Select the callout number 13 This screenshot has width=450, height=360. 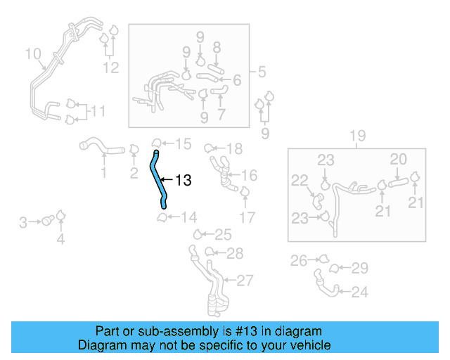coord(183,181)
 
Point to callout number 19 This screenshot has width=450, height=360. coord(356,136)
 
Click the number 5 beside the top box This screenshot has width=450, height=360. coord(261,72)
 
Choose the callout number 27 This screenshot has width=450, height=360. coord(244,281)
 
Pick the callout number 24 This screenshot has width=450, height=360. coord(359,292)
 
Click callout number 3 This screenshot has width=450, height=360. coord(23,223)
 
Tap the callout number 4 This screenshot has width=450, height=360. coord(60,240)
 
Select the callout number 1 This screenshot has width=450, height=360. coord(103,172)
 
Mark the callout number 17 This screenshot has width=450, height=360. coord(247,217)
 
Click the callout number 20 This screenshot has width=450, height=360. coord(398,160)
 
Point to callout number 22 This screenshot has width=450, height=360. coord(300,180)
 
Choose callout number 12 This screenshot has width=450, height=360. coord(111,67)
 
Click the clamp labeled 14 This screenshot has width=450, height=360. coord(162,217)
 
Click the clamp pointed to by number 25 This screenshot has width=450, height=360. coord(200,234)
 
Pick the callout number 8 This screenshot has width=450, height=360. coord(217,47)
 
